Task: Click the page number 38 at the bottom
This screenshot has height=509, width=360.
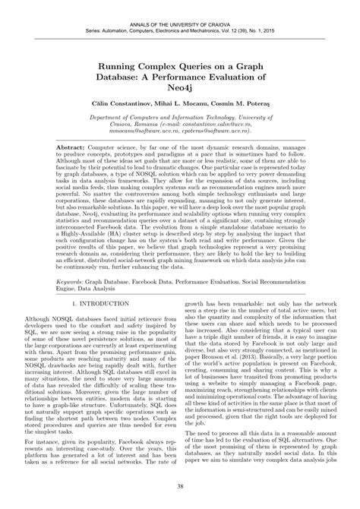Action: coord(180,487)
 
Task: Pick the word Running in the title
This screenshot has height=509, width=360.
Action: coord(115,67)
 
